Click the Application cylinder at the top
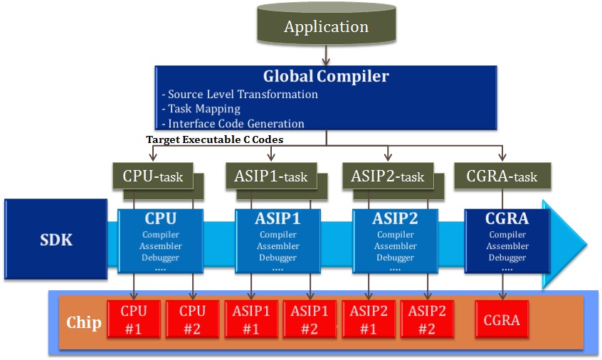click(x=327, y=23)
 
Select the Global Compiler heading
click(x=326, y=76)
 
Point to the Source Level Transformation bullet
click(x=240, y=95)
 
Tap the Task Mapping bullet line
click(x=201, y=109)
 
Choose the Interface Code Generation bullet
click(x=233, y=124)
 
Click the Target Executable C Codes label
click(x=215, y=139)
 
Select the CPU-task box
click(x=153, y=176)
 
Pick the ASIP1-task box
click(x=271, y=176)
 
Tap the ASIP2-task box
click(x=388, y=176)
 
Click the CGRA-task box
click(x=502, y=176)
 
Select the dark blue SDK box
click(x=56, y=239)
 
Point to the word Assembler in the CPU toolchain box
click(x=161, y=246)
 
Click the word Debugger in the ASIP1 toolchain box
click(x=278, y=258)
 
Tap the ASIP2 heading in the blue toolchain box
click(x=395, y=218)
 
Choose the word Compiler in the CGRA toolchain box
click(x=507, y=235)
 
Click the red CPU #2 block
click(x=192, y=319)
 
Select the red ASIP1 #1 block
click(x=251, y=319)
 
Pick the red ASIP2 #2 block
click(x=427, y=319)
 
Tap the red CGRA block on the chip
click(x=502, y=319)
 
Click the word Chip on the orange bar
click(x=84, y=323)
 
